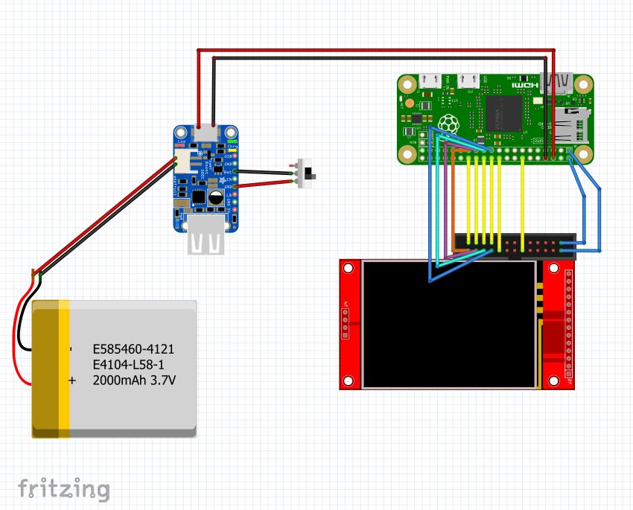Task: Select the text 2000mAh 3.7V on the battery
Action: [x=134, y=380]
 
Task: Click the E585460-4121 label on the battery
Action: [x=133, y=348]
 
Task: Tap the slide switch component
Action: [x=306, y=173]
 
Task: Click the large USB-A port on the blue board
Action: [x=206, y=241]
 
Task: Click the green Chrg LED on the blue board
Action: [x=232, y=140]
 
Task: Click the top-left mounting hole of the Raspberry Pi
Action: [x=407, y=83]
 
